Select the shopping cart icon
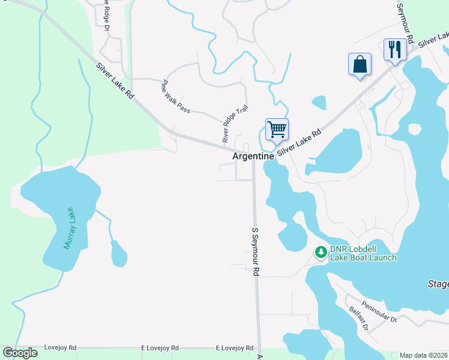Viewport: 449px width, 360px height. pos(277,129)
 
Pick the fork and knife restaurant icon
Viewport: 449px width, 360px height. pos(394,49)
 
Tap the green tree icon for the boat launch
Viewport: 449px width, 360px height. pos(321,253)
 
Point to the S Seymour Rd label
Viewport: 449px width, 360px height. pos(255,251)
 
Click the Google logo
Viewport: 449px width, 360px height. pos(20,353)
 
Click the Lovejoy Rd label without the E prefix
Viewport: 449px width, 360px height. pos(60,348)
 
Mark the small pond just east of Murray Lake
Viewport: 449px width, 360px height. pos(119,254)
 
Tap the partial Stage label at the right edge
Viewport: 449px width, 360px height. pos(438,283)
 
